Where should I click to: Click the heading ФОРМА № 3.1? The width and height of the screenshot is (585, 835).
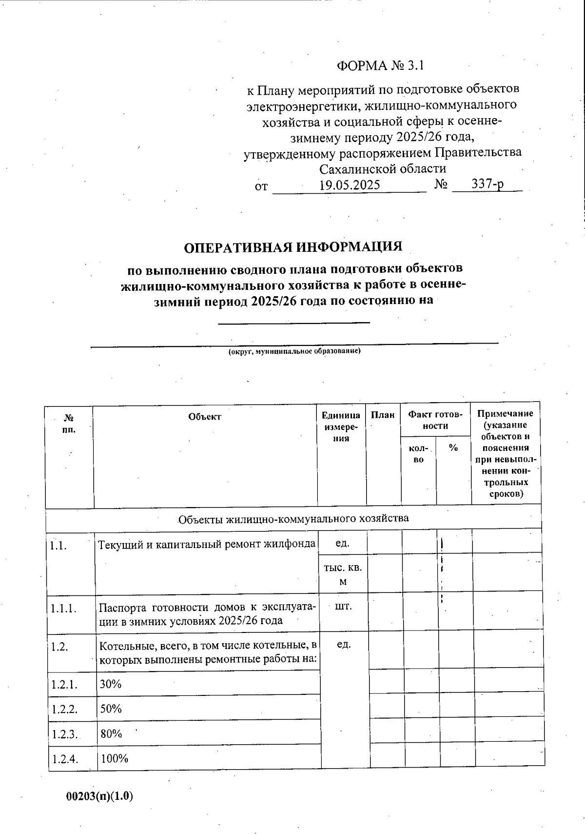coord(381,66)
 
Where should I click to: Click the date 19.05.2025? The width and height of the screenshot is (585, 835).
coord(350,185)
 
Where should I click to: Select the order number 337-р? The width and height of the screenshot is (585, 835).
coord(487,184)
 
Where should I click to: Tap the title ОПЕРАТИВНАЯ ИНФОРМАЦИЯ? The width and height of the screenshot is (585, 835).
coord(293,247)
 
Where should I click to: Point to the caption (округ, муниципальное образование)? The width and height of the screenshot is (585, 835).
coord(294,351)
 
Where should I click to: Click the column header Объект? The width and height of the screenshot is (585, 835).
coord(205,417)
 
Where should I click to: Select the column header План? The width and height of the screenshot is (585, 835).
coord(383,415)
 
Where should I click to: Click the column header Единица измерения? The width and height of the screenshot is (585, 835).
coord(341,427)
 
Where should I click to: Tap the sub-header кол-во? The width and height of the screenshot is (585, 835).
coord(418,454)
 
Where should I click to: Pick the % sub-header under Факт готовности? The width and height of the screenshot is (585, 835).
coord(453,448)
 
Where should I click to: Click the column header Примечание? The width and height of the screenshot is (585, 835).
coord(505,453)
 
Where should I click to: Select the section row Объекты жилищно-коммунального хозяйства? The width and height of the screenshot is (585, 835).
coord(293,518)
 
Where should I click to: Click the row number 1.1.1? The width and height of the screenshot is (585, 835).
coord(64,609)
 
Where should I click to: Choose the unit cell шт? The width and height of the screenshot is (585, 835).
coord(344,607)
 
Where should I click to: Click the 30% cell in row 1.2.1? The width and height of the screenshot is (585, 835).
coord(111,684)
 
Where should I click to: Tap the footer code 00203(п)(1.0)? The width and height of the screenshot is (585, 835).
coord(99,796)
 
